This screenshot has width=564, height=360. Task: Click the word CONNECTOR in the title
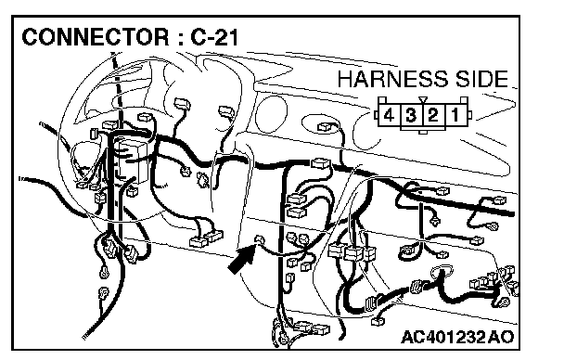pos(95,37)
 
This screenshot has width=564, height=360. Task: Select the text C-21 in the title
pos(214,37)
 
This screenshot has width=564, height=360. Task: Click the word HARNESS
pos(392,79)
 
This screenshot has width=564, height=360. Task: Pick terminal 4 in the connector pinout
pos(389,115)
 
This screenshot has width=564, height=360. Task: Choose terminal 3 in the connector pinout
pos(411,115)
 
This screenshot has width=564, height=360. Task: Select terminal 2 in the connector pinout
pos(433,115)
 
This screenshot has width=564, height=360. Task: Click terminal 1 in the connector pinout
pos(455,115)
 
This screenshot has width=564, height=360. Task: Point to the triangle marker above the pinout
pos(423,100)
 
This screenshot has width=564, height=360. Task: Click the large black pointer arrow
pos(242,259)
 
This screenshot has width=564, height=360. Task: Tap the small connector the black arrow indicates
pos(259,239)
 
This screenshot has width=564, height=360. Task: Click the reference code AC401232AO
pos(457,337)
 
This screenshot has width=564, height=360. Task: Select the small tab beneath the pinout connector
pos(423,132)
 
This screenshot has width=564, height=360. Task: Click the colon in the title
pos(179,38)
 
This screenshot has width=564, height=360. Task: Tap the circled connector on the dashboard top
pos(326,126)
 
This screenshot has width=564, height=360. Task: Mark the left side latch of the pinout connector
pos(376,115)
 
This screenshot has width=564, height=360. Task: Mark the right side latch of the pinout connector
pos(469,115)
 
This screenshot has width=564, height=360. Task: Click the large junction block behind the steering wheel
pos(132,160)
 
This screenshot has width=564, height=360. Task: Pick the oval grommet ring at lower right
pos(442,272)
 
